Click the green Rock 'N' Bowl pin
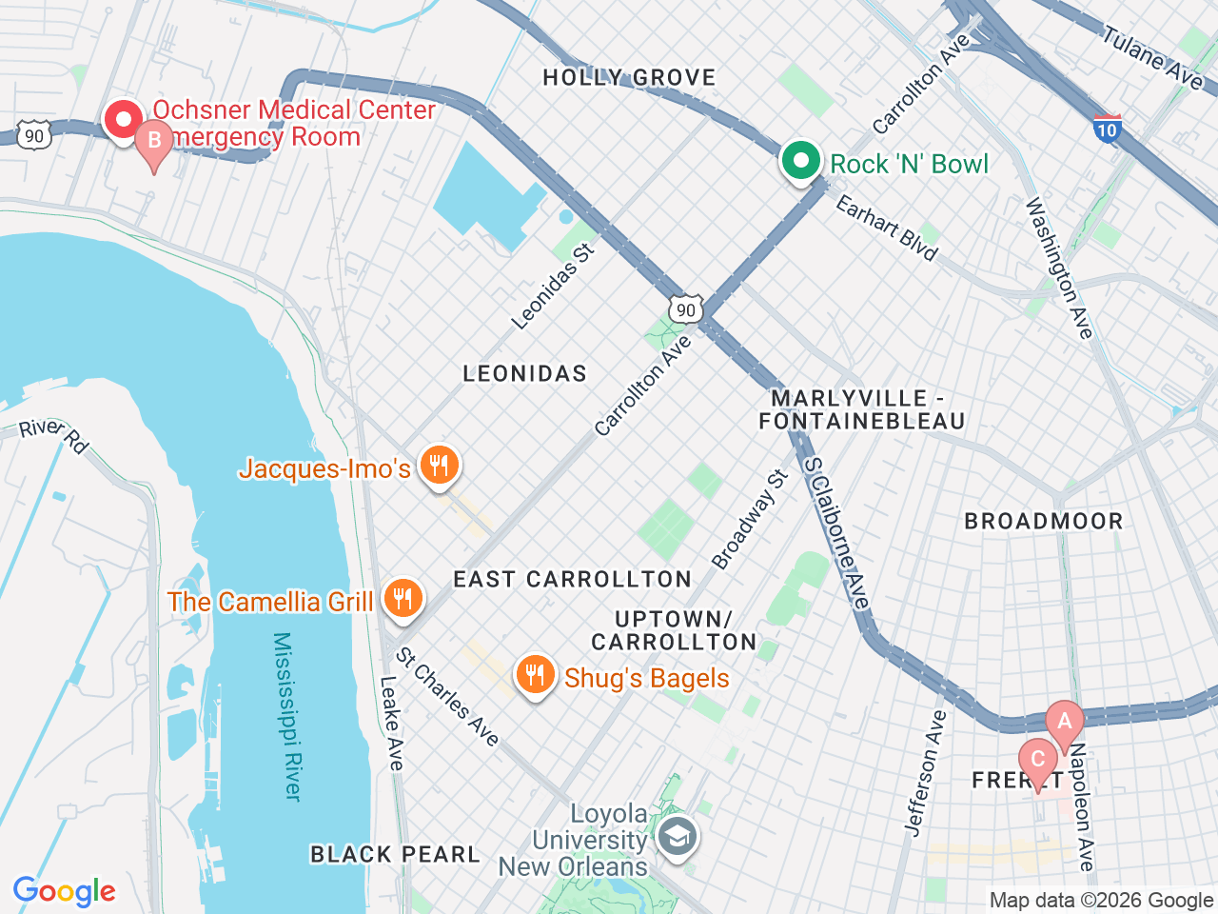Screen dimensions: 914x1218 click(801, 161)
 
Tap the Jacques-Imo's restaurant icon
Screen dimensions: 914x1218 click(439, 466)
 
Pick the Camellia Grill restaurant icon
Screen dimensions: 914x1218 click(403, 599)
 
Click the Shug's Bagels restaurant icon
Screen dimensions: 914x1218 click(535, 675)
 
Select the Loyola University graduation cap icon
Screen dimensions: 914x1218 click(678, 838)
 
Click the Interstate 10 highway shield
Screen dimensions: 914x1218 click(1107, 129)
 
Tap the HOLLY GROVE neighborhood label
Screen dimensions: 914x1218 click(629, 77)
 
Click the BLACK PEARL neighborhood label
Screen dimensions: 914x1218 click(395, 854)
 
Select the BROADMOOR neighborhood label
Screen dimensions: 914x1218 click(1044, 521)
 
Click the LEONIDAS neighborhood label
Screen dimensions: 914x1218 click(524, 373)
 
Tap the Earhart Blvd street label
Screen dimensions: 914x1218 click(887, 228)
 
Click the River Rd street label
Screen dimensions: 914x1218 click(54, 434)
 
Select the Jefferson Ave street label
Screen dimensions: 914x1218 click(926, 773)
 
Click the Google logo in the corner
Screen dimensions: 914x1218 click(64, 891)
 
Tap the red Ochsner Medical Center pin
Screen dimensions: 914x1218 click(123, 120)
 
